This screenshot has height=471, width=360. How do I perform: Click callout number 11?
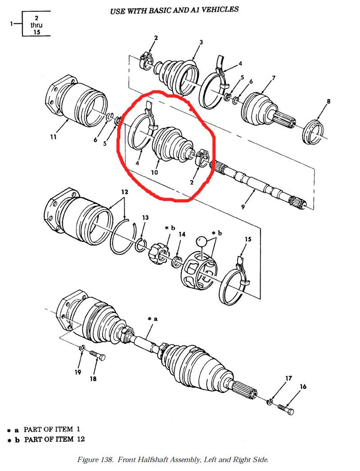[x=53, y=137]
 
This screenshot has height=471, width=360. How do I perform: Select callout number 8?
[x=328, y=101]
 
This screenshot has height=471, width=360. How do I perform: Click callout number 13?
[x=145, y=217]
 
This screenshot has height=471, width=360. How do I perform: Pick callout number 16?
[x=303, y=387]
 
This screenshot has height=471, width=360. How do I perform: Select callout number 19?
[x=78, y=372]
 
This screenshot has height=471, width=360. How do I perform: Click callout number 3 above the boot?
[x=201, y=42]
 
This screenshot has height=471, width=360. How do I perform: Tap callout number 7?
[x=273, y=78]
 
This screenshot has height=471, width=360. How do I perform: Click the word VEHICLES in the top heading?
[x=218, y=9]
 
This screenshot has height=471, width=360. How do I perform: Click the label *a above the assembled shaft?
[x=153, y=319]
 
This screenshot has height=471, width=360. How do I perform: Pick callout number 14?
[x=182, y=234]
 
